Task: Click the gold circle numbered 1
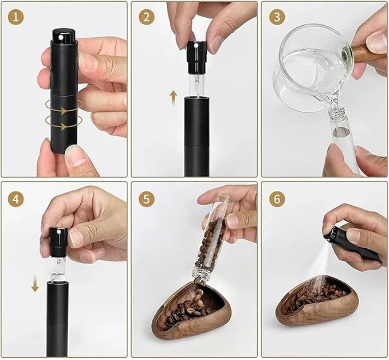[16, 17]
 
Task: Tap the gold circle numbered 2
[147, 17]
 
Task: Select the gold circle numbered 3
[277, 17]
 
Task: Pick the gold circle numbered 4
[16, 198]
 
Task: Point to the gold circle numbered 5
[147, 198]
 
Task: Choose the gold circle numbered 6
[277, 198]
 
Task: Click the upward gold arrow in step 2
[174, 97]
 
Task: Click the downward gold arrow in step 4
[35, 283]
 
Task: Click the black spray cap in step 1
[64, 35]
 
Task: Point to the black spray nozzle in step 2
[197, 57]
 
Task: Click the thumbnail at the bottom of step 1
[76, 157]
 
